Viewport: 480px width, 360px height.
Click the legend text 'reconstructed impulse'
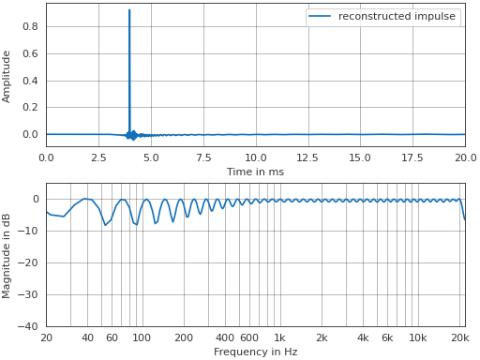click(x=397, y=17)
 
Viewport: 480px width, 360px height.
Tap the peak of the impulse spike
click(x=129, y=10)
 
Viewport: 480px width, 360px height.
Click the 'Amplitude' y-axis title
click(x=7, y=77)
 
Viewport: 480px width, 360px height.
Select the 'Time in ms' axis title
click(x=255, y=172)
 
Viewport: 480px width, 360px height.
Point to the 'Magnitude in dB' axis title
click(x=7, y=255)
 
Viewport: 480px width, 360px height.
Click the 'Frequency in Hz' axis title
click(x=255, y=352)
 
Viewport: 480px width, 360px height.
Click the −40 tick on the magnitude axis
click(x=29, y=326)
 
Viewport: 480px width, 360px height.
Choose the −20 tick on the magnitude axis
click(x=29, y=262)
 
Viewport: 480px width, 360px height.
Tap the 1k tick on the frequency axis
click(x=279, y=337)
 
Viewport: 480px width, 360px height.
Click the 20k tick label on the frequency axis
click(x=459, y=337)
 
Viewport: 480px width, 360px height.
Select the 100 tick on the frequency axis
click(x=142, y=337)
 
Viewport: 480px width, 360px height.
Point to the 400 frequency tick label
click(x=225, y=337)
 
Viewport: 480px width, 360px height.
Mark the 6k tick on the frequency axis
click(x=387, y=337)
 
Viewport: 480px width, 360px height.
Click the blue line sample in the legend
click(x=320, y=17)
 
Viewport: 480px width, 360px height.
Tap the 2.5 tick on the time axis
click(x=98, y=157)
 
